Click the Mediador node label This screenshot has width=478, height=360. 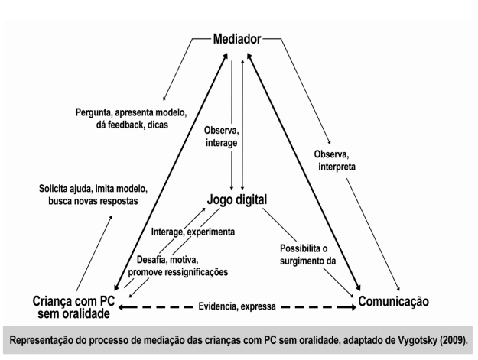pyautogui.click(x=237, y=37)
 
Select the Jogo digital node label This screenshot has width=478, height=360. pyautogui.click(x=239, y=201)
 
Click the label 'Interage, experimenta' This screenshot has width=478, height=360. pyautogui.click(x=193, y=230)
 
